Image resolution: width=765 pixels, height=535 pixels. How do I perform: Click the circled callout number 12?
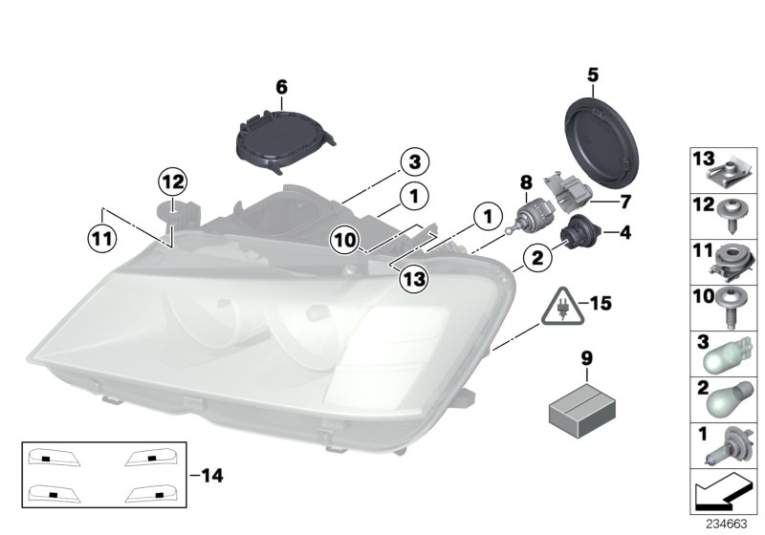click(174, 180)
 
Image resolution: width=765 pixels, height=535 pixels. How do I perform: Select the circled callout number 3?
click(415, 161)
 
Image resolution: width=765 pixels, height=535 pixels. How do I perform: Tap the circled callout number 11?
click(100, 237)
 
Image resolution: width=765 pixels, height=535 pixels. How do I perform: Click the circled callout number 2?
click(537, 255)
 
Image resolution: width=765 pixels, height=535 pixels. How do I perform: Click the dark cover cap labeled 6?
click(278, 140)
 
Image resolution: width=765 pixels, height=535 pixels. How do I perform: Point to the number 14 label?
click(216, 474)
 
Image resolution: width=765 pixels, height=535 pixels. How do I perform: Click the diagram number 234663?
click(727, 524)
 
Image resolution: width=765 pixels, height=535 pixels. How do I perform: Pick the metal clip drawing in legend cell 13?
click(724, 172)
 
